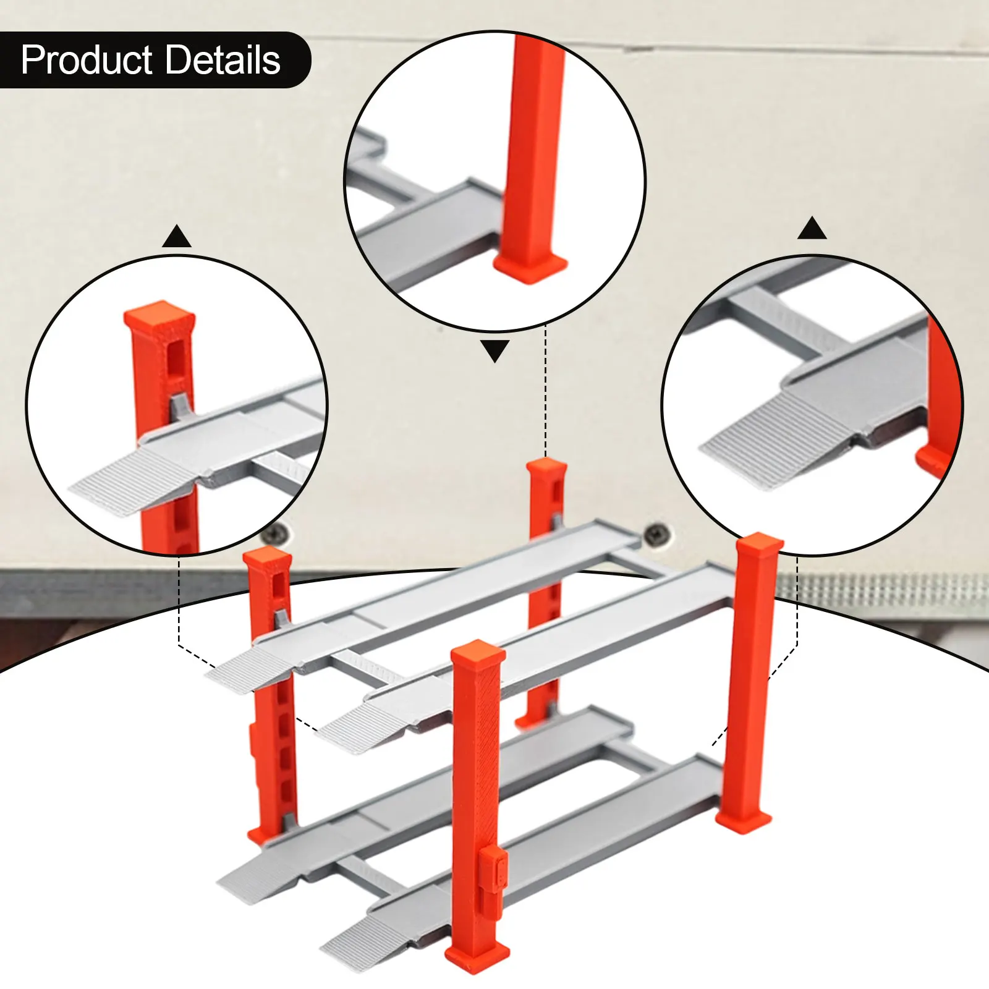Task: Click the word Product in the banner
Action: [x=87, y=61]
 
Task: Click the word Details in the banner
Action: [x=223, y=61]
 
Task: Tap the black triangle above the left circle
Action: [x=177, y=237]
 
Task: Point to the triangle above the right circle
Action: [x=812, y=229]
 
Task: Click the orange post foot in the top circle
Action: [x=530, y=267]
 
